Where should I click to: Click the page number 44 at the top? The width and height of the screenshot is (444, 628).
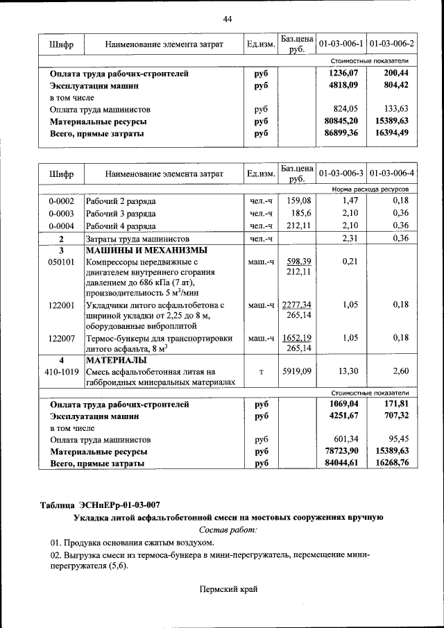click(227, 18)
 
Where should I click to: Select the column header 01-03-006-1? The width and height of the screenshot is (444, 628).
click(340, 44)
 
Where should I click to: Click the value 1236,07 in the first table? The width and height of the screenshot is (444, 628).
click(343, 74)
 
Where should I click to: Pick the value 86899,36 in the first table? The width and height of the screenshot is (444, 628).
click(342, 133)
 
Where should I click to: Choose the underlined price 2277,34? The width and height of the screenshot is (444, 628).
click(297, 305)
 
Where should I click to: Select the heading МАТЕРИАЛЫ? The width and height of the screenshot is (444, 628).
click(116, 360)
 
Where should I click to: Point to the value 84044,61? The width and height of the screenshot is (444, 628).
click(342, 464)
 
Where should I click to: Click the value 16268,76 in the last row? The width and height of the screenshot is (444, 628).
click(391, 464)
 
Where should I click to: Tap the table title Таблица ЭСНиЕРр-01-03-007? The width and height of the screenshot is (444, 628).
click(108, 504)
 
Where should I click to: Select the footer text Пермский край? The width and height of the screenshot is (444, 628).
click(228, 589)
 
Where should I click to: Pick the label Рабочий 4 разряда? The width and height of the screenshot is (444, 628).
click(121, 226)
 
